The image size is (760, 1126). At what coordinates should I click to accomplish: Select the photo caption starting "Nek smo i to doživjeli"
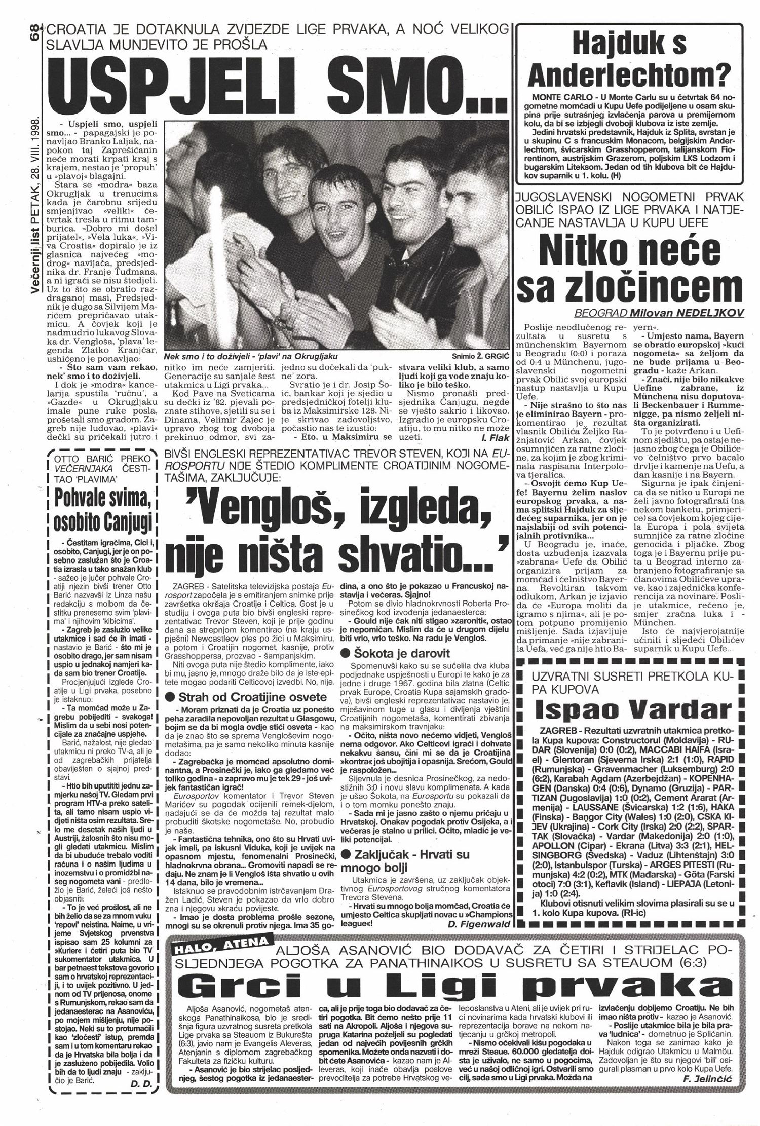coord(250,356)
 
